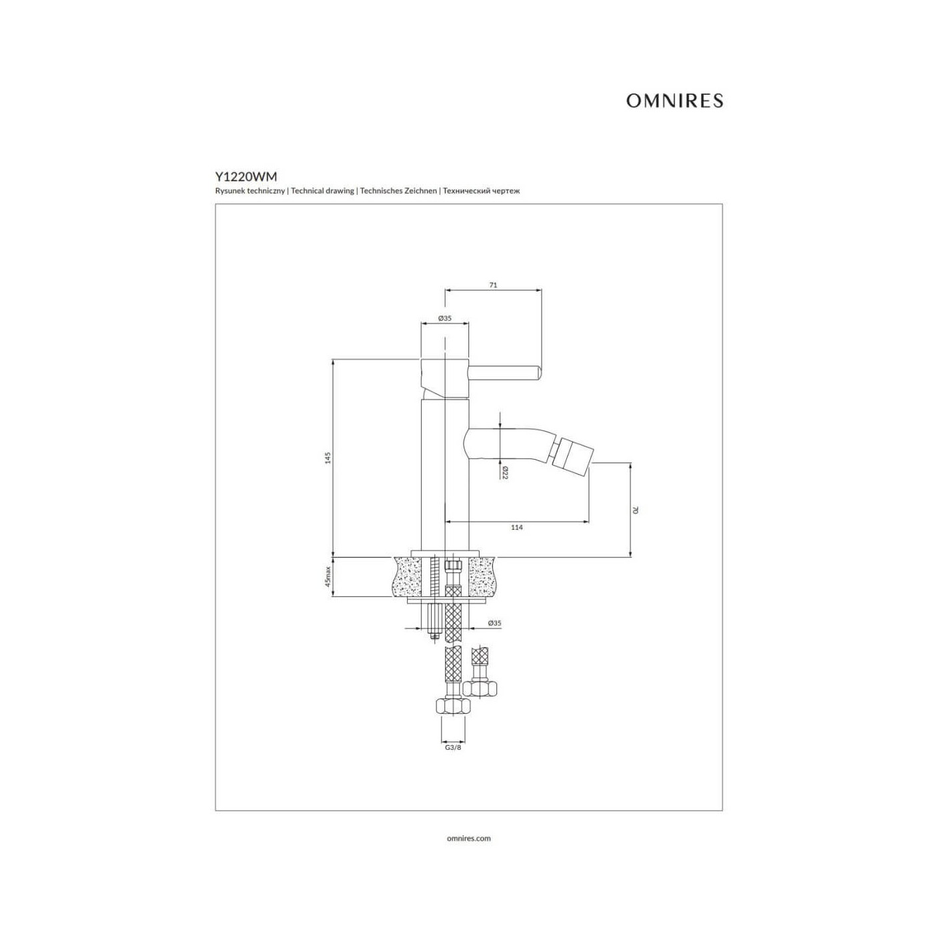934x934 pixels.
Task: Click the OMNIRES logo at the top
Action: [674, 100]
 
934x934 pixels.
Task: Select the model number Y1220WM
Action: [246, 176]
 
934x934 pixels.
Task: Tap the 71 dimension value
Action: [493, 285]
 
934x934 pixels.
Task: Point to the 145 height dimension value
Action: [328, 458]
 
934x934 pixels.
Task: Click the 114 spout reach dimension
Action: [516, 527]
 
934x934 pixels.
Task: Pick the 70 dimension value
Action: [635, 510]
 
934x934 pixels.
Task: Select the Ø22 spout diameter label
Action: [504, 472]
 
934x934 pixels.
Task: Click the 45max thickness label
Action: [328, 577]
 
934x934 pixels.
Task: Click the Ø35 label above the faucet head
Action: [444, 318]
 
